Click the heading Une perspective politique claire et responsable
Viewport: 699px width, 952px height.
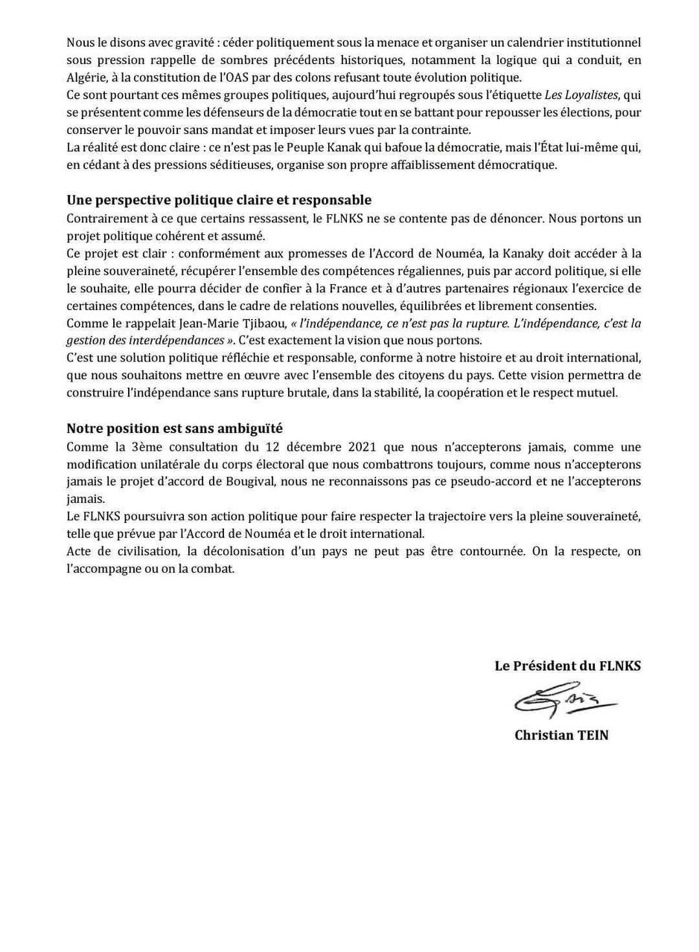tap(219, 200)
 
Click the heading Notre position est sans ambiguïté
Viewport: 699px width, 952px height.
tap(174, 428)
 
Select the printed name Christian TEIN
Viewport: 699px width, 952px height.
tap(561, 735)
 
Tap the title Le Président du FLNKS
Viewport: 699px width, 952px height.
tap(567, 666)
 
